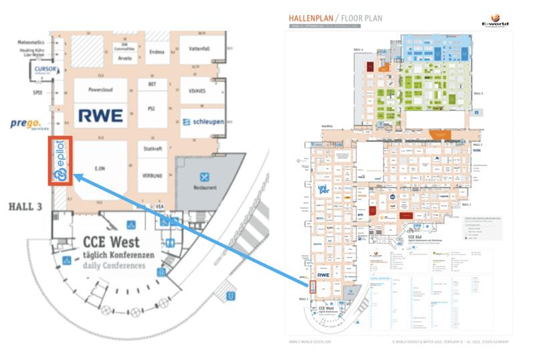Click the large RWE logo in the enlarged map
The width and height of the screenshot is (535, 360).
coord(100,114)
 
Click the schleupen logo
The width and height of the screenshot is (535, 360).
coord(203,122)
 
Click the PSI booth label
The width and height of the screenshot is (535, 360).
coord(151,108)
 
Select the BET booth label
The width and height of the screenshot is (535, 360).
coord(151,84)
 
